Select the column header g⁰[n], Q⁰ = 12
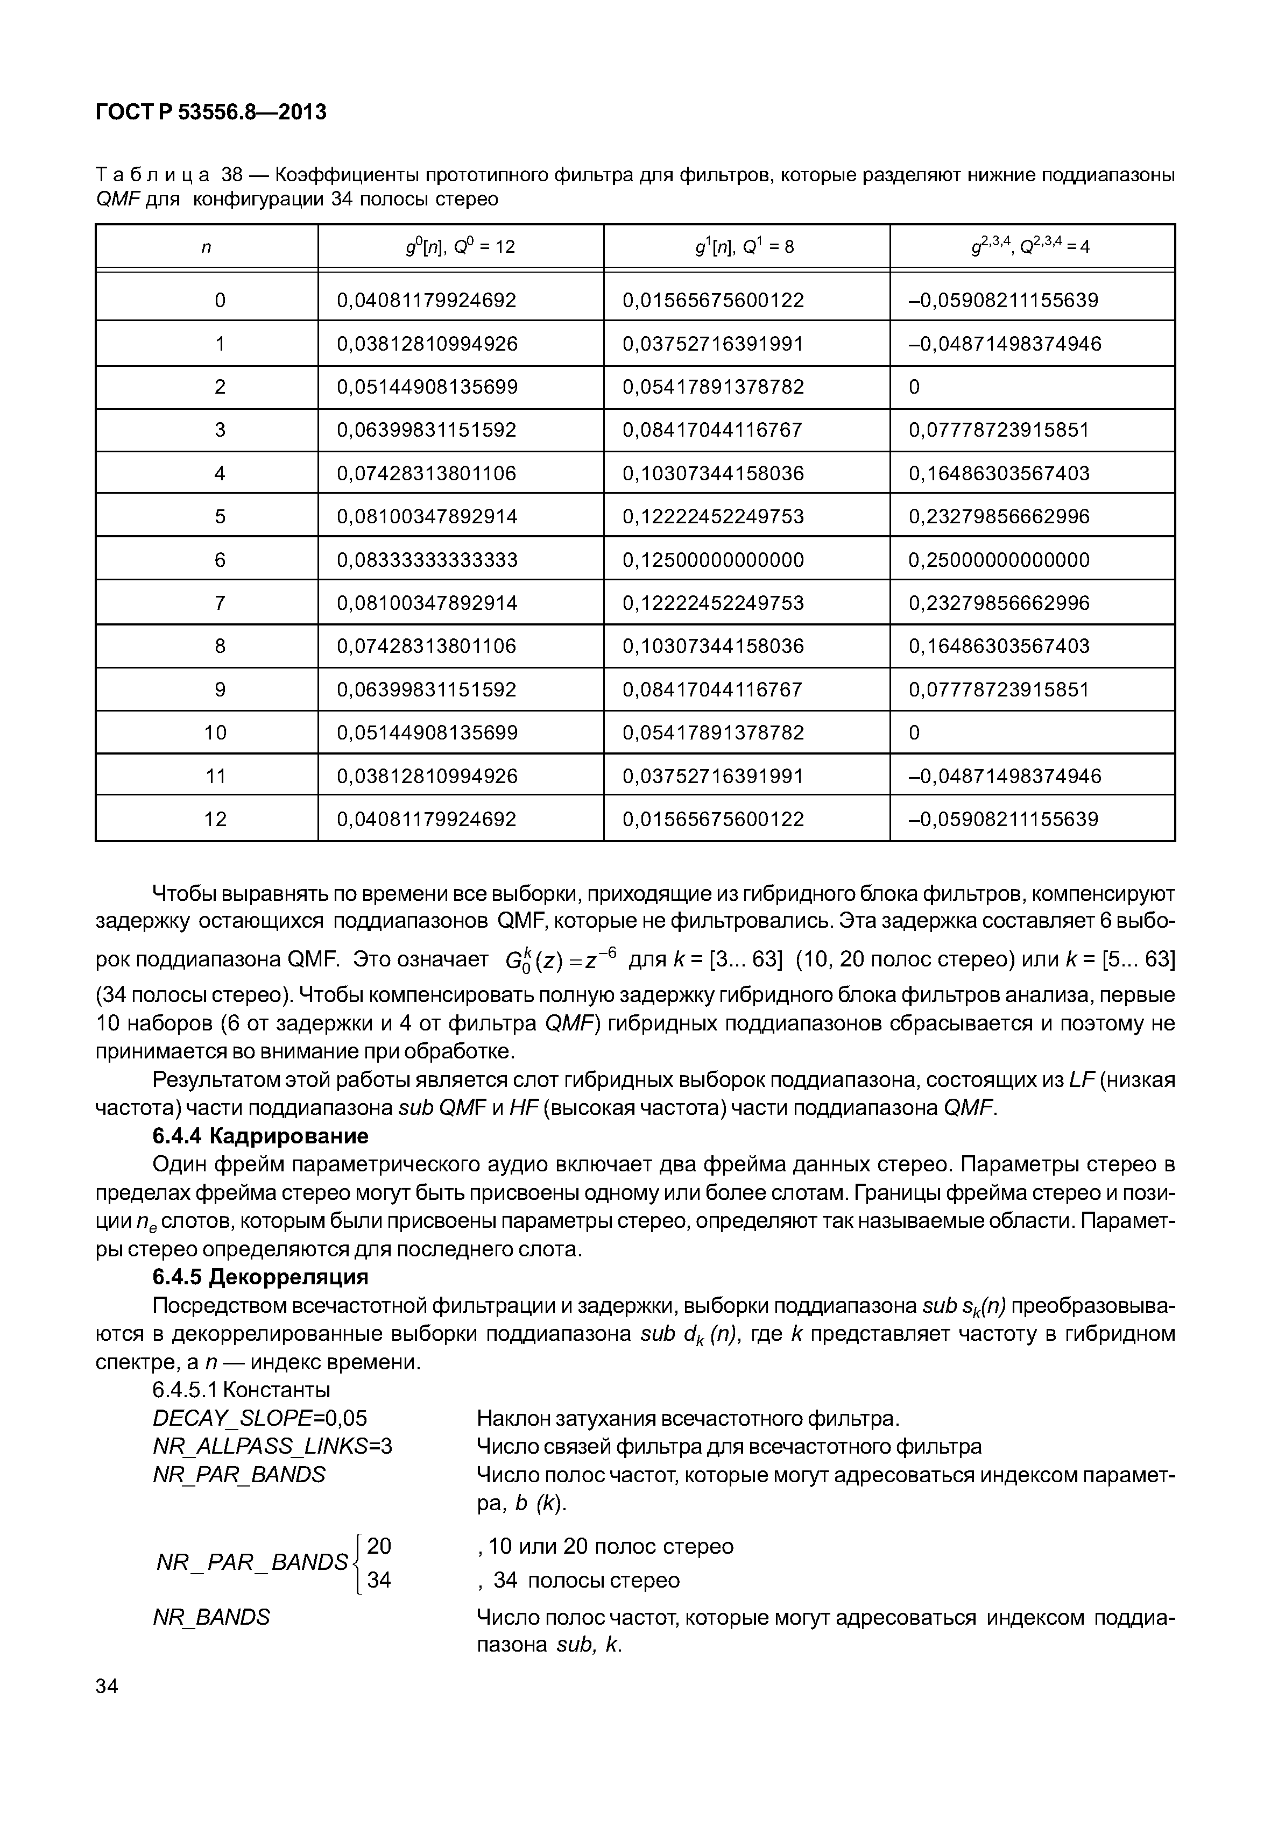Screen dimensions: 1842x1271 click(460, 247)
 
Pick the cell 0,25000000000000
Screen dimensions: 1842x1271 click(999, 560)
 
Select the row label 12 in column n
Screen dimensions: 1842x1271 click(215, 819)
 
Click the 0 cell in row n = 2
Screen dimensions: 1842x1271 click(914, 387)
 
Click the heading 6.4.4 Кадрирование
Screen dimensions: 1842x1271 click(260, 1136)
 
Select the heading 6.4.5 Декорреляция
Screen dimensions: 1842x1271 click(260, 1277)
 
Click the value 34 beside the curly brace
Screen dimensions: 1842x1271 click(379, 1580)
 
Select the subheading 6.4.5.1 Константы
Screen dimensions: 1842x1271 click(241, 1390)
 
